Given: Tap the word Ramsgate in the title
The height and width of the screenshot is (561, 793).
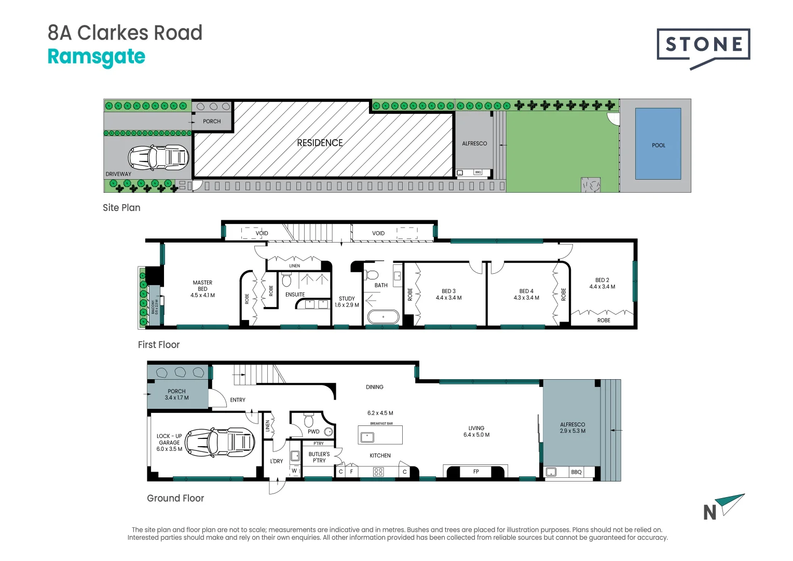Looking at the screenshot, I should pyautogui.click(x=97, y=57).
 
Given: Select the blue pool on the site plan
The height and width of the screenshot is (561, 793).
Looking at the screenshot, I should pyautogui.click(x=658, y=144).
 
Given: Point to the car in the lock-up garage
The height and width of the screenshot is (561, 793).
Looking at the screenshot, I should pyautogui.click(x=220, y=443).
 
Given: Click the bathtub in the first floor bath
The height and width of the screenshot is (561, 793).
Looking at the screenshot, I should pyautogui.click(x=383, y=317).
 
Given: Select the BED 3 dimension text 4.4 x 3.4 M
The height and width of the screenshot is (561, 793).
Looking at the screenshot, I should pyautogui.click(x=448, y=298).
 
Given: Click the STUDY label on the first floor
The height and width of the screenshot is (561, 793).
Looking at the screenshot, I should pyautogui.click(x=347, y=299).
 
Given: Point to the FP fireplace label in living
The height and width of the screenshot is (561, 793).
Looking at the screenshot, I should pyautogui.click(x=476, y=472).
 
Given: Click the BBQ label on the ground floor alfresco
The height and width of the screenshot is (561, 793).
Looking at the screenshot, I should pyautogui.click(x=576, y=472).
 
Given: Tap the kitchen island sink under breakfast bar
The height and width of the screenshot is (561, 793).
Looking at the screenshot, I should pyautogui.click(x=367, y=437).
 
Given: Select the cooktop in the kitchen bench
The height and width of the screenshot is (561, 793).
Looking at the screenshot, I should pyautogui.click(x=378, y=472).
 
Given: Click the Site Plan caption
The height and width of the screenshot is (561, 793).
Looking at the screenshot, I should pyautogui.click(x=121, y=208).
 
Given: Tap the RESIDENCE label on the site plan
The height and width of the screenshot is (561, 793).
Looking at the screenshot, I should pyautogui.click(x=320, y=143).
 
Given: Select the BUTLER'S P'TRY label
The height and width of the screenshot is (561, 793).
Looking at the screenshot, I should pyautogui.click(x=319, y=457).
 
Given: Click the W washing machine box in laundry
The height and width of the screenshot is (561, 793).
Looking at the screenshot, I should pyautogui.click(x=294, y=471).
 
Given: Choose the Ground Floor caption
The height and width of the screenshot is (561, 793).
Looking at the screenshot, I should pyautogui.click(x=175, y=498).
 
